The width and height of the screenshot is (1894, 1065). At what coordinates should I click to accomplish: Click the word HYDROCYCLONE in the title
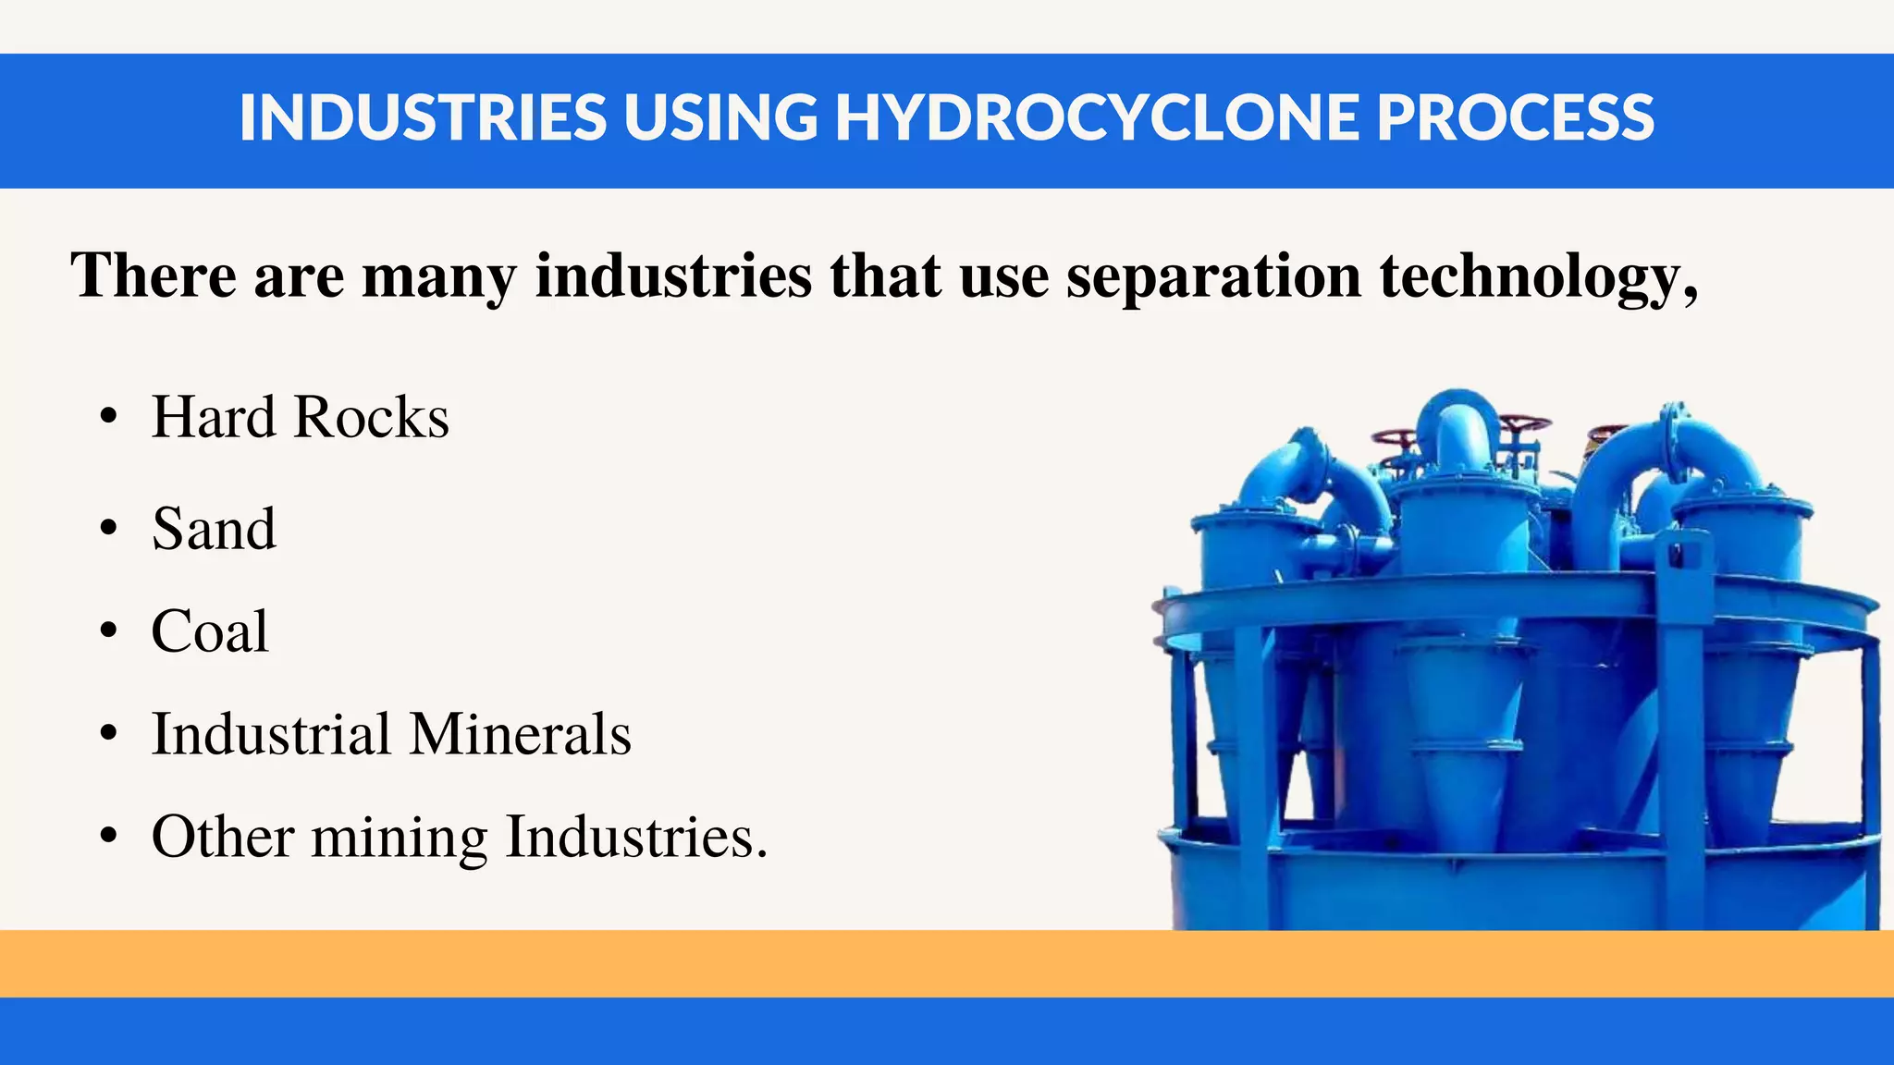point(1097,118)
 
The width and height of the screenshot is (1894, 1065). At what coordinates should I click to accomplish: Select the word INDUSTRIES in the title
point(423,118)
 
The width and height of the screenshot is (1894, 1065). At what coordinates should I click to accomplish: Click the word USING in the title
point(720,118)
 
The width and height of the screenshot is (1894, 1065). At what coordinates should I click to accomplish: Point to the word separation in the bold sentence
point(1213,276)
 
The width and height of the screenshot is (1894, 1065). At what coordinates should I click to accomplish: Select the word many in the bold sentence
point(439,276)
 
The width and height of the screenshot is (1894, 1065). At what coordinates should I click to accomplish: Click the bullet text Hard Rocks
point(300,417)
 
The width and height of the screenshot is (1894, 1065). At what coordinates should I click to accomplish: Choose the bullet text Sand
point(214,529)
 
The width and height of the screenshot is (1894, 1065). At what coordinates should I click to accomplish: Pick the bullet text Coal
point(210,631)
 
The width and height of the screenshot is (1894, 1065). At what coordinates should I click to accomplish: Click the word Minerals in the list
point(520,734)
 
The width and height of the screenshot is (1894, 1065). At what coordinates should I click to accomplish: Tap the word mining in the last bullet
point(399,838)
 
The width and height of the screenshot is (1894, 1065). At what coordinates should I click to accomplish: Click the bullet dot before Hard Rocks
point(109,418)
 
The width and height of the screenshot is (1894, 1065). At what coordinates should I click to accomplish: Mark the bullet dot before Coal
point(109,632)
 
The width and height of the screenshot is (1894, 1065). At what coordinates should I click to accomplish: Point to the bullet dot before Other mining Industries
point(109,838)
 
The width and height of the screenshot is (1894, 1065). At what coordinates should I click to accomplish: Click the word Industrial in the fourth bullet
point(271,734)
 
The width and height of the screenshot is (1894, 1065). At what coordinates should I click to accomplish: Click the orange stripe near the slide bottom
point(947,963)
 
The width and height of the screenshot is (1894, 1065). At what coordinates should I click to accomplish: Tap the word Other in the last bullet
point(222,837)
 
